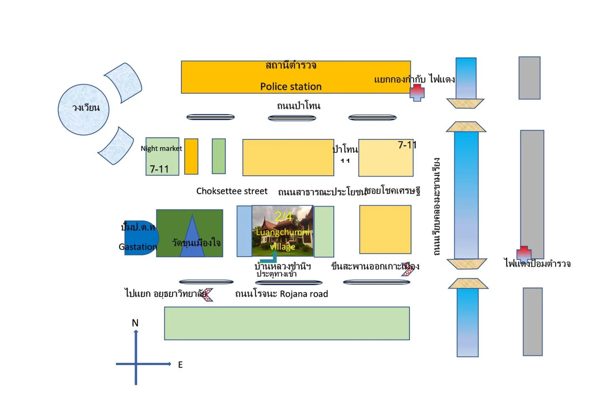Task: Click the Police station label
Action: pos(291,86)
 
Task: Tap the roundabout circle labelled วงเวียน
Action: pos(84,109)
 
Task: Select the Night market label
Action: pos(161,149)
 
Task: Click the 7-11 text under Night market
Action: pos(159,169)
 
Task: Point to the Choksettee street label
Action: pos(231,191)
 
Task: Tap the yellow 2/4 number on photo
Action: pos(283,216)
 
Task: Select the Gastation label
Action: pos(138,247)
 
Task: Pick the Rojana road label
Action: pos(304,294)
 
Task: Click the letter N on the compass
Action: pos(135,323)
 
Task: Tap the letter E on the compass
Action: pos(180,365)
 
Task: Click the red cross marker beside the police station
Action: pos(417,92)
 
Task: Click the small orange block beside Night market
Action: pos(191,156)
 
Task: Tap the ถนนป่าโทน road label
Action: pos(299,106)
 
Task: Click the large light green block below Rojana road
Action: pos(287,323)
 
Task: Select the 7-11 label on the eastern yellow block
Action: pos(407,145)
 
